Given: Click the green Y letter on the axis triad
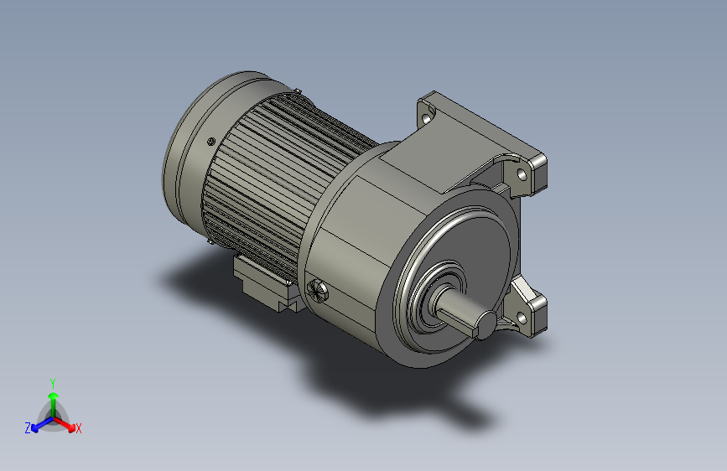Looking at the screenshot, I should pos(52,380).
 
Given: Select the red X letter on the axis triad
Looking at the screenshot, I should pos(79,429).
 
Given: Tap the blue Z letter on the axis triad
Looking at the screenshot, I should pos(27,428).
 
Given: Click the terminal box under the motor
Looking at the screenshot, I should pos(263,281).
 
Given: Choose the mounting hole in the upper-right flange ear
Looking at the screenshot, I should pos(522,175).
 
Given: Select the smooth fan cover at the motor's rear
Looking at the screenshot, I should pos(189,159).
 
